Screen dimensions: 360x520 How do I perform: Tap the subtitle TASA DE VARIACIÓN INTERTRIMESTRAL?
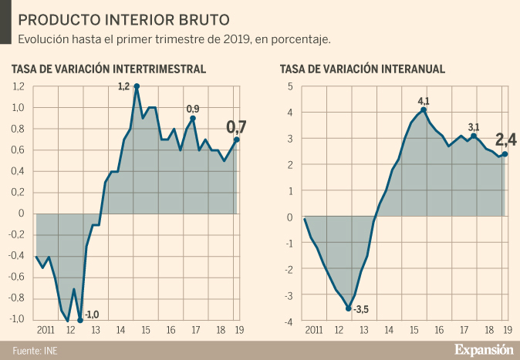click(109, 69)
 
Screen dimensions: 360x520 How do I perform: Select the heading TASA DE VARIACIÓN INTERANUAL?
click(363, 69)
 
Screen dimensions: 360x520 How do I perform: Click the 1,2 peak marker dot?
click(137, 86)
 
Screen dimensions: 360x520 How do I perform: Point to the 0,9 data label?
click(193, 108)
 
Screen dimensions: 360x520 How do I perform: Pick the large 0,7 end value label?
click(237, 126)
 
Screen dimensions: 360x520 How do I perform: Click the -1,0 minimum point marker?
click(80, 320)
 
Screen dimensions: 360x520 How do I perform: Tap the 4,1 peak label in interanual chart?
click(423, 100)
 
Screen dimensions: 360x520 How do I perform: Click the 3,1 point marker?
click(474, 136)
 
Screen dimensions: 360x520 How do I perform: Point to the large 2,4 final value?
click(505, 140)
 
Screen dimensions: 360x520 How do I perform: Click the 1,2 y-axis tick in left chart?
click(19, 86)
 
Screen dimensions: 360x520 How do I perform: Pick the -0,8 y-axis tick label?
click(18, 298)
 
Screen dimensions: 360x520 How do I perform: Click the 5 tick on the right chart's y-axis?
click(290, 86)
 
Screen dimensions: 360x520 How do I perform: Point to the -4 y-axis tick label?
click(289, 321)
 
